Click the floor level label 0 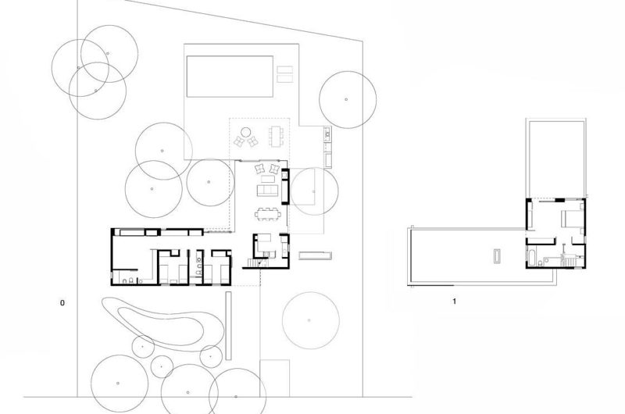point(62,303)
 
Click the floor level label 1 point(454,302)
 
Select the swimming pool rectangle point(230,76)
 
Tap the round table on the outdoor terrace point(246,131)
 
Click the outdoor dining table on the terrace point(276,136)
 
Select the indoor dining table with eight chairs point(268,214)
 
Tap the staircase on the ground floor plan point(253,262)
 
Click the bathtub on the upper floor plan point(531,256)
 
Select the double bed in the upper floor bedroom point(572,219)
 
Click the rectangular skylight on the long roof point(497,256)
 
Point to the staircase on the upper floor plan point(570,262)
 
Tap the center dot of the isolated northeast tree point(346,99)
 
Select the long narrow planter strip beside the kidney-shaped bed point(228,326)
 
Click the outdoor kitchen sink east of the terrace point(327,134)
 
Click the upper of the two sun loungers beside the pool point(284,70)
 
